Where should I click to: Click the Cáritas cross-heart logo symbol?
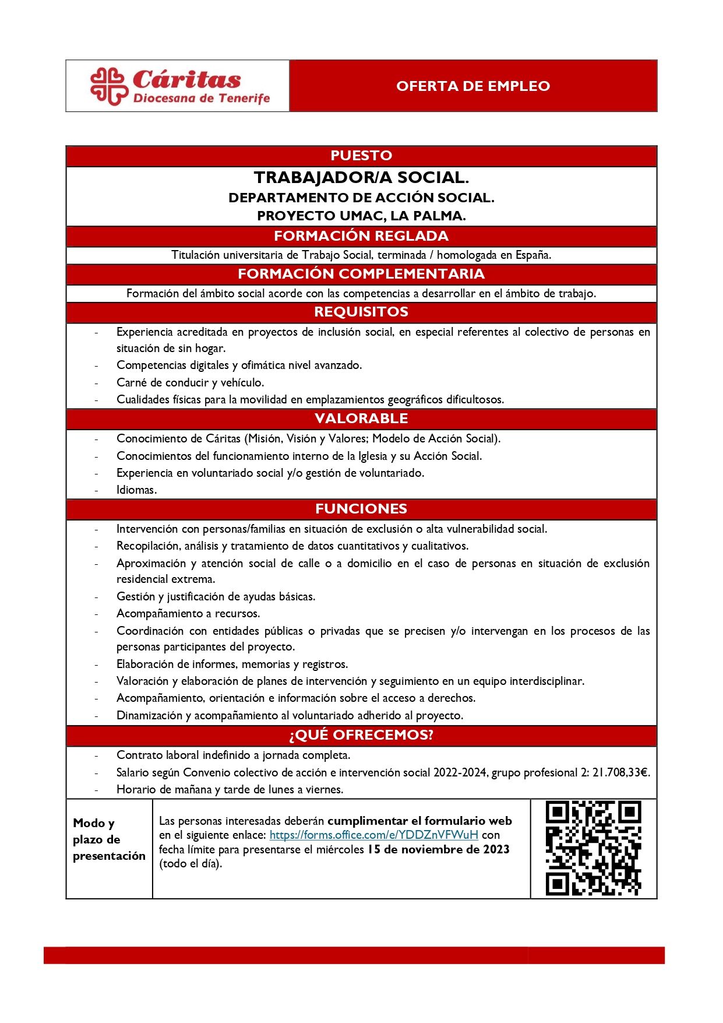108,86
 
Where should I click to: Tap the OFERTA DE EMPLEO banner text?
473,86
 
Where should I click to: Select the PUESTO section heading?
361,156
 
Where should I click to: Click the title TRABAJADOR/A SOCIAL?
361,177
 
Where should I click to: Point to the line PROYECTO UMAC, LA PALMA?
361,216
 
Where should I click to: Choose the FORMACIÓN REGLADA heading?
361,236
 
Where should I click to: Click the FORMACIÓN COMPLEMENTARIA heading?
361,274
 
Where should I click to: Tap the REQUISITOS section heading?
361,312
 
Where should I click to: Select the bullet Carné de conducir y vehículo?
190,382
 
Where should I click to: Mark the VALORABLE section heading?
361,419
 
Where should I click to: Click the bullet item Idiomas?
136,490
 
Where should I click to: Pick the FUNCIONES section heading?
361,509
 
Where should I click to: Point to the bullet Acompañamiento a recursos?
188,613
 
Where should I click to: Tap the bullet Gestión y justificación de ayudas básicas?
216,596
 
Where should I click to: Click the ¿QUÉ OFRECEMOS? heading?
361,735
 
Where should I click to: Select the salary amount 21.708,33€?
620,772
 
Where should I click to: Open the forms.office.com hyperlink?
373,835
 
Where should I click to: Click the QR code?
593,848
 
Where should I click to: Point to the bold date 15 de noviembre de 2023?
438,849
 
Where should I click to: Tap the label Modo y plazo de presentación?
109,839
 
